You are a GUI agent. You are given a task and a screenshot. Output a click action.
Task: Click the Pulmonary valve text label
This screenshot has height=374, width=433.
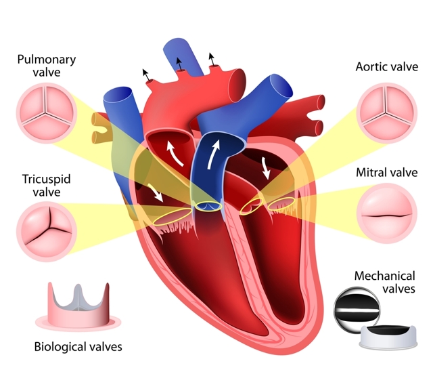47,66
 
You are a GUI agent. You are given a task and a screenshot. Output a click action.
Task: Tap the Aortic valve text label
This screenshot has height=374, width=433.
386,66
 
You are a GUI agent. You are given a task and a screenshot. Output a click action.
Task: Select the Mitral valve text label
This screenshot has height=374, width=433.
386,172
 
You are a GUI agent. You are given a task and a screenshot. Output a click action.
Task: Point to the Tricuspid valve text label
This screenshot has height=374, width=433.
47,186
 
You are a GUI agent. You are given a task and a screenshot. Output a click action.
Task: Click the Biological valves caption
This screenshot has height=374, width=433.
78,347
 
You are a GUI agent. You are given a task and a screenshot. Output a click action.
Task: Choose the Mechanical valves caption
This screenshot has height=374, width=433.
385,282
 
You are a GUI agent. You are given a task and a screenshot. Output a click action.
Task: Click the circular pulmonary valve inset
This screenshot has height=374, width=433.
47,113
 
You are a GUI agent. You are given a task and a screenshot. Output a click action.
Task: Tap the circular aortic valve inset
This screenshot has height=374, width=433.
386,113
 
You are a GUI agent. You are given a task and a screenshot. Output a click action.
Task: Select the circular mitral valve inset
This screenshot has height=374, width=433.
386,213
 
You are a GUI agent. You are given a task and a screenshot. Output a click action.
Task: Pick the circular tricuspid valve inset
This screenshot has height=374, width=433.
47,232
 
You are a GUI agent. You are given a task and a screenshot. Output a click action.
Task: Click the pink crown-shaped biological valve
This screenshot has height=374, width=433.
78,306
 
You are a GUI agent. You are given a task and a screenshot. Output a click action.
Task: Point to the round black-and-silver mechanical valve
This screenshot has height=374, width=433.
357,310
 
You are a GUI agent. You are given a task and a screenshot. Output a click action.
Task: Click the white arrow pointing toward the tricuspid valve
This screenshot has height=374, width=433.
156,192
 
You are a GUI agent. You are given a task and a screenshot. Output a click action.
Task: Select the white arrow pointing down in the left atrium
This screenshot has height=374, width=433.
266,167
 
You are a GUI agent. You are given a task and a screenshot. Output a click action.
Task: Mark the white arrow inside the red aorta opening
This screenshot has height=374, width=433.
175,153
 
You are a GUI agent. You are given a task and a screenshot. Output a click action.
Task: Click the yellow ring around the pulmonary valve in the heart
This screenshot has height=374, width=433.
208,207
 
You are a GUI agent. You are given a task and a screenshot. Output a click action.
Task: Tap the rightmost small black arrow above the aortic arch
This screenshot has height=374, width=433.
212,59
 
